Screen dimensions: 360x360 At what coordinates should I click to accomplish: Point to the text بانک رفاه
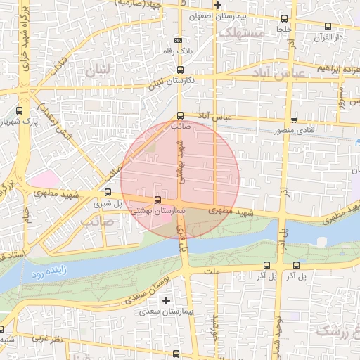[x=178, y=51]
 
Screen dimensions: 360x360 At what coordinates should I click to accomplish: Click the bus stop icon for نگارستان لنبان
[x=180, y=70]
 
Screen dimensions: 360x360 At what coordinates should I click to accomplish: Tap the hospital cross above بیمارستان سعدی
[x=166, y=300]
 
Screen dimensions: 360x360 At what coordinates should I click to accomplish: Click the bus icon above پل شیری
[x=108, y=192]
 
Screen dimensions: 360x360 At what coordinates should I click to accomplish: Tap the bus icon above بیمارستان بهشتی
[x=156, y=201]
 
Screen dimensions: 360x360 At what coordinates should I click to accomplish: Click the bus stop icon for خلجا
[x=285, y=19]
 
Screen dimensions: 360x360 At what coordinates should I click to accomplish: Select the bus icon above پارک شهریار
[x=18, y=110]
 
